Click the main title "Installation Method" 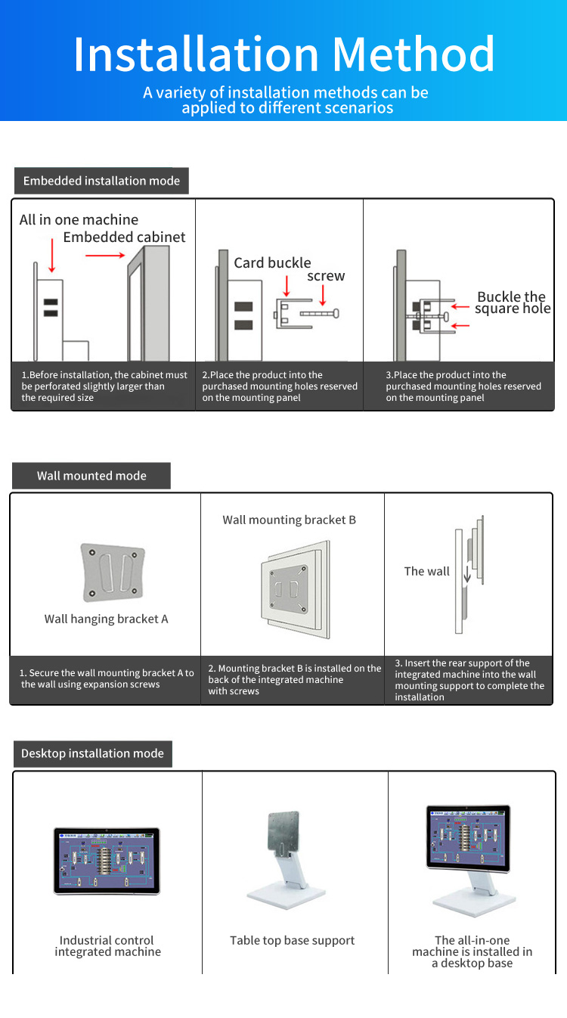(283, 54)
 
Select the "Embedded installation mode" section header (101, 181)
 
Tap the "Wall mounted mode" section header (91, 476)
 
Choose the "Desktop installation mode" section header (92, 753)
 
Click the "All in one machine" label (79, 220)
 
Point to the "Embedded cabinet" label (124, 237)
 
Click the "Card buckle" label (272, 263)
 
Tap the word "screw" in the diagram (326, 277)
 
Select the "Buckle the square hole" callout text (512, 303)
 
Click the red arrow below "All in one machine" (51, 253)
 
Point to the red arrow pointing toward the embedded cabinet (105, 256)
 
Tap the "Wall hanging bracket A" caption (106, 619)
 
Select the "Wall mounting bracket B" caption (289, 520)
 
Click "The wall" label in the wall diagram (426, 572)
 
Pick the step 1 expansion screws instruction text (106, 678)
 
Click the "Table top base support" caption (292, 941)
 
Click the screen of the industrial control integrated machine (107, 860)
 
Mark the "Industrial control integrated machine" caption (107, 946)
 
